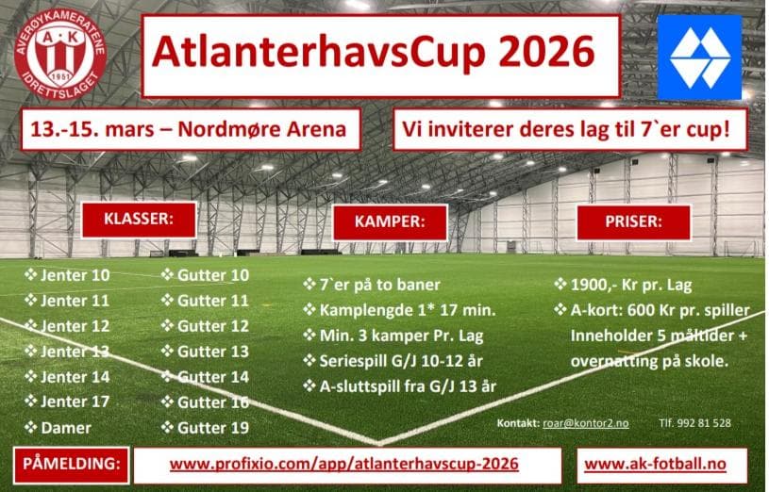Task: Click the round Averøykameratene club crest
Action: pos(60,55)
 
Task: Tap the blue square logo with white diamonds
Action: pos(699,57)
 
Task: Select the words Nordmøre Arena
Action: pos(262,129)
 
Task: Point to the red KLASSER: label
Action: pos(139,220)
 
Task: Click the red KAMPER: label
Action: pos(390,222)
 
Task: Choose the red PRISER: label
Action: pos(634,222)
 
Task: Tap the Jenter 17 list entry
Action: pos(67,402)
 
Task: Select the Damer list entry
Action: pos(58,428)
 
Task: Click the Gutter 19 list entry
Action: pos(205,428)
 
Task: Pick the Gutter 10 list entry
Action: pos(205,275)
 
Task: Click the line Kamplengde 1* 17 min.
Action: pos(400,310)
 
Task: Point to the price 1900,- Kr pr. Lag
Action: pos(624,285)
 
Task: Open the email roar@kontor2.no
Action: pos(586,423)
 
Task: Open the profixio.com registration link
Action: pos(343,464)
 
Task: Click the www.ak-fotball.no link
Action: pos(655,464)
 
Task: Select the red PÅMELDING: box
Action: pos(72,465)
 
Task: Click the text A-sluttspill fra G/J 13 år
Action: pos(400,386)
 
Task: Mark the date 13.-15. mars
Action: pos(96,129)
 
